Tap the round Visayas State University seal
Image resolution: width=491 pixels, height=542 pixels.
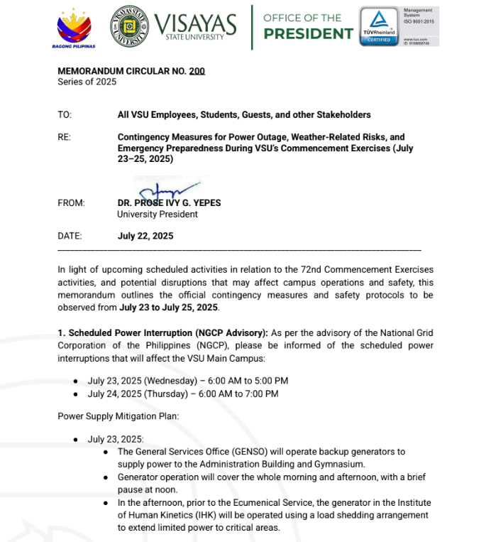click(130, 26)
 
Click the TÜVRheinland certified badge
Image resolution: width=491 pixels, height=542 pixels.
click(378, 27)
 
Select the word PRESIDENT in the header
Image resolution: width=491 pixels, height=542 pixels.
click(308, 34)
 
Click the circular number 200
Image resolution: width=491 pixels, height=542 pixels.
click(197, 71)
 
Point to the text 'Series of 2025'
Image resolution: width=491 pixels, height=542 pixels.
click(87, 82)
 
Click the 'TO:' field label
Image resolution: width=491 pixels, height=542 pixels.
click(65, 115)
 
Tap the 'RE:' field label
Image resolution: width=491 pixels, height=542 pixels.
click(65, 137)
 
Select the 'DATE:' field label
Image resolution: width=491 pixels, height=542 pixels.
click(70, 236)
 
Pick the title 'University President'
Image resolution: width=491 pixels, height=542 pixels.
click(158, 214)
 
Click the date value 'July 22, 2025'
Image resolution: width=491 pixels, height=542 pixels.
click(145, 236)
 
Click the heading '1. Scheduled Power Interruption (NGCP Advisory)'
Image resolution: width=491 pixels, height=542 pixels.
click(162, 333)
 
